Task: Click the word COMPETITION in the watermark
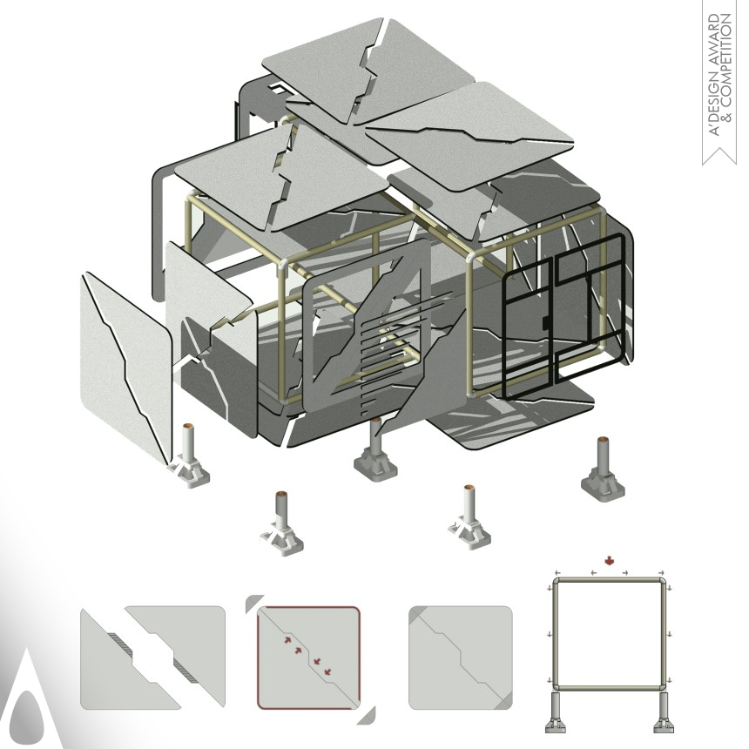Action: [x=726, y=67]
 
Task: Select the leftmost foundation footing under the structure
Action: [x=189, y=455]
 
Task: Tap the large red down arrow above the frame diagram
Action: [x=610, y=560]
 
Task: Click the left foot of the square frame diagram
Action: [x=557, y=712]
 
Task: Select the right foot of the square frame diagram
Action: [x=664, y=712]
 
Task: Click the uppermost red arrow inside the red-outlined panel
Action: [x=288, y=640]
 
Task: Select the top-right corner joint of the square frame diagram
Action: [x=662, y=582]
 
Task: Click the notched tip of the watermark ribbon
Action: [x=719, y=152]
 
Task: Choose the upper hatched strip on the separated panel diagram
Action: [x=123, y=642]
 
